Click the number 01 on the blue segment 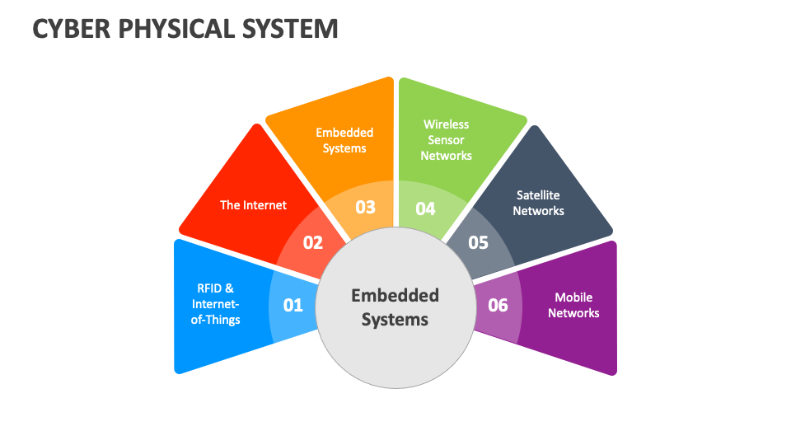(293, 305)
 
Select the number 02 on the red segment (313, 242)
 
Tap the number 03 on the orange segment (365, 207)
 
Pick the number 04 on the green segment (425, 208)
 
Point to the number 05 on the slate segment (478, 242)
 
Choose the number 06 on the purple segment (498, 305)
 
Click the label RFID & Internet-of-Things (216, 304)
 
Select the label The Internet (253, 204)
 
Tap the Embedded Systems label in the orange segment (344, 140)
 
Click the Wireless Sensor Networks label (446, 139)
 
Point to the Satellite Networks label (538, 203)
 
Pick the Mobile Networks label (573, 305)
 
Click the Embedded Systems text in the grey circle (395, 307)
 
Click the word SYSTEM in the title (291, 29)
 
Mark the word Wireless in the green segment (446, 124)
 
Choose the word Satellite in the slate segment (538, 195)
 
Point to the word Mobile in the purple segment (573, 297)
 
